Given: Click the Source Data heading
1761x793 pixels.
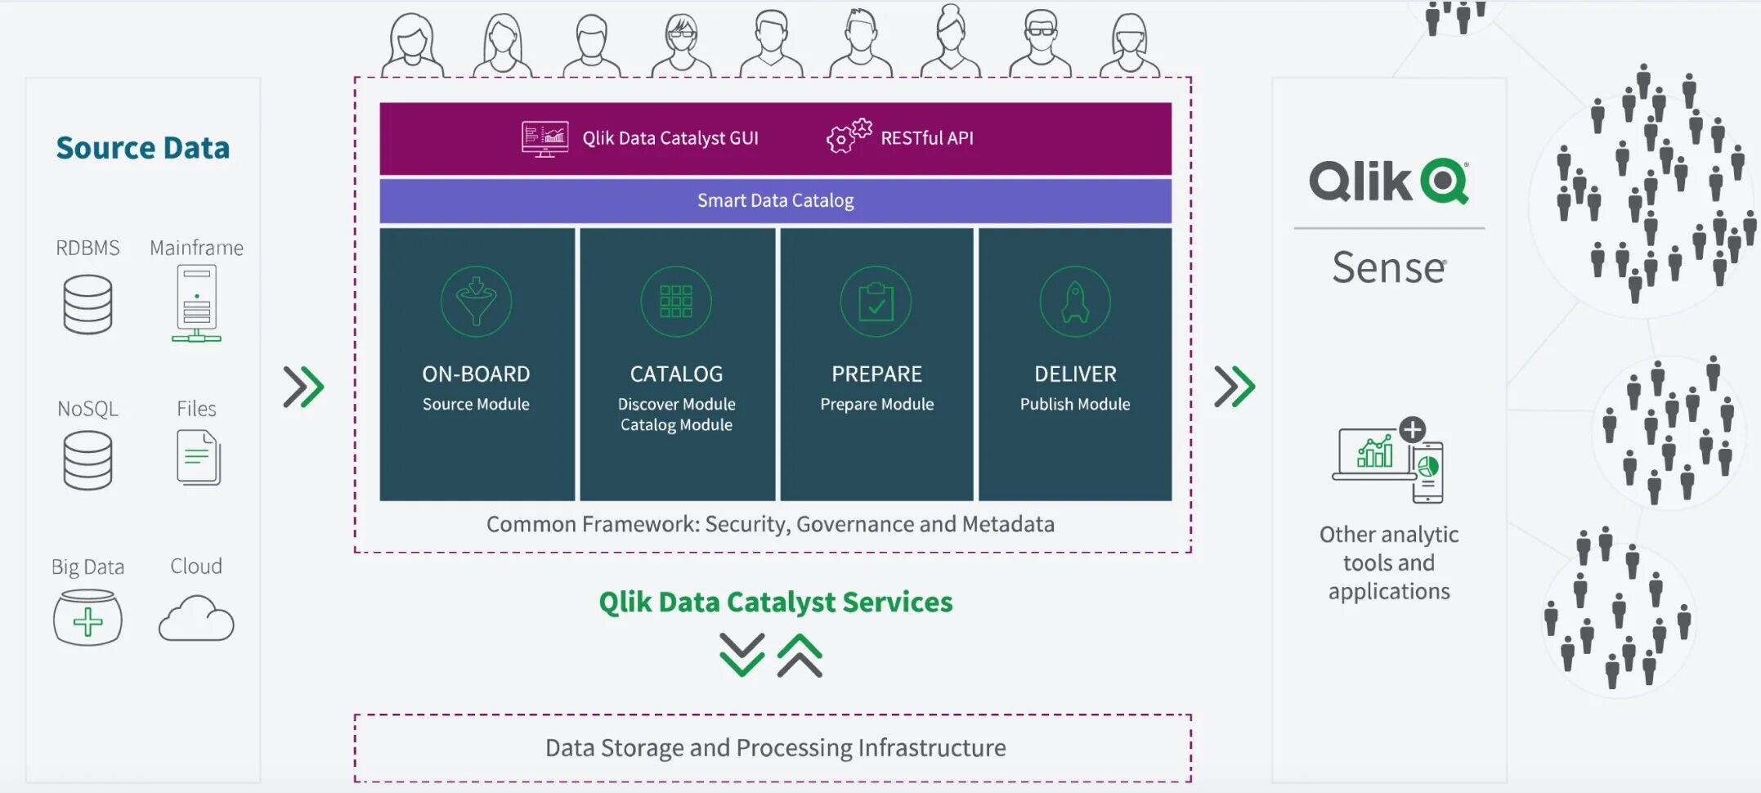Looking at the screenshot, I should pyautogui.click(x=143, y=148).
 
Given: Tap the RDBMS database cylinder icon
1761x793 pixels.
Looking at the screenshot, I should pyautogui.click(x=87, y=304).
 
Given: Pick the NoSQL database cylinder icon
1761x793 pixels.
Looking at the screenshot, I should pyautogui.click(x=87, y=460).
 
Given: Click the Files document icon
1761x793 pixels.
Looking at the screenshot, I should pyautogui.click(x=198, y=457).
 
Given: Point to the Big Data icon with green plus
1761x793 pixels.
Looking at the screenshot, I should pyautogui.click(x=87, y=619).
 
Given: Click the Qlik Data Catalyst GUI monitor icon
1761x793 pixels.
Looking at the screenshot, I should pyautogui.click(x=545, y=138).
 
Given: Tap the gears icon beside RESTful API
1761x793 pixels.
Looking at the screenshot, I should pyautogui.click(x=849, y=136).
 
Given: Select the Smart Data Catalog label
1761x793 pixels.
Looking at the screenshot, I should pyautogui.click(x=775, y=200).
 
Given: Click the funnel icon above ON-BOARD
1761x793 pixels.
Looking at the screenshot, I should pyautogui.click(x=476, y=302).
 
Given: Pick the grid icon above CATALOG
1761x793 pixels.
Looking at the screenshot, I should pyautogui.click(x=676, y=302).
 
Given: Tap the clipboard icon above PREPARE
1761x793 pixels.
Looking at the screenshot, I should pyautogui.click(x=876, y=302).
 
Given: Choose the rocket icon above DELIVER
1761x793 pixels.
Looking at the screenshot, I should pyautogui.click(x=1075, y=302).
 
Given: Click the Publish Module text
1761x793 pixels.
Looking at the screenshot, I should pyautogui.click(x=1074, y=404).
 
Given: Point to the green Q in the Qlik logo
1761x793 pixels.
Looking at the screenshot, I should pyautogui.click(x=1445, y=181).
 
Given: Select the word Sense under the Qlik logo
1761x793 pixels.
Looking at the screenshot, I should pyautogui.click(x=1389, y=267).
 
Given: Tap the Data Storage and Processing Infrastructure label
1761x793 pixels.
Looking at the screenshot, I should pyautogui.click(x=775, y=748).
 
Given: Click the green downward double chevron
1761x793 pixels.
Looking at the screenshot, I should pyautogui.click(x=742, y=655).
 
